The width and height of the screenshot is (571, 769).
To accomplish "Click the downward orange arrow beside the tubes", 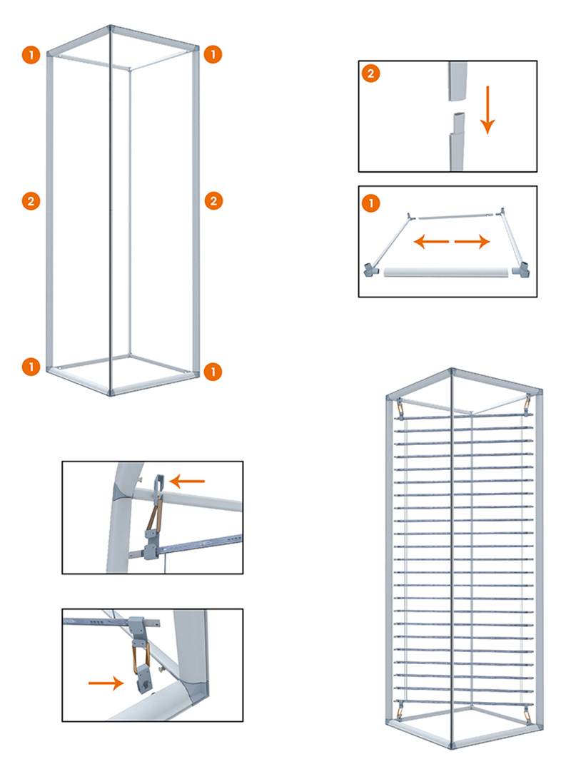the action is [x=487, y=110].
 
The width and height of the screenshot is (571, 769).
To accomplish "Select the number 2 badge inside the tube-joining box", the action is [x=371, y=73].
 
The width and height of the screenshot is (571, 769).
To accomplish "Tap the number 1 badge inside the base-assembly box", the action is [x=371, y=203].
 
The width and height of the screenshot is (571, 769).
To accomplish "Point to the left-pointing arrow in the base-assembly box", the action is [x=431, y=241].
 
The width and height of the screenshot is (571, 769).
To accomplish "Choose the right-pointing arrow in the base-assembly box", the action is [x=472, y=241].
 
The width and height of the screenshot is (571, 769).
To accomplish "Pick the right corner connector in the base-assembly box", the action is [x=521, y=270].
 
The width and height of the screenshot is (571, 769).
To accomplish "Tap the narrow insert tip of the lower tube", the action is [x=458, y=123].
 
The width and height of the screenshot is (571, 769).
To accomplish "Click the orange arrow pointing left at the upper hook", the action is [x=187, y=482].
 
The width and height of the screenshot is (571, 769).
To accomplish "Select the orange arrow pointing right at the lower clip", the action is [x=106, y=683].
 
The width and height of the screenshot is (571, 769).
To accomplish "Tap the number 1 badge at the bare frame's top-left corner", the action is [x=31, y=54].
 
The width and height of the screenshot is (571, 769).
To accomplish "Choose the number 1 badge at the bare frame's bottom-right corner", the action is [x=213, y=371].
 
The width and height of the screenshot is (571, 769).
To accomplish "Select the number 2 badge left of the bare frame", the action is [x=31, y=201].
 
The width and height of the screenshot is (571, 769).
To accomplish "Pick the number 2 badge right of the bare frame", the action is [x=213, y=200].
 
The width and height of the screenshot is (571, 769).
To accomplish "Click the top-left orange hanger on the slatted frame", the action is [x=399, y=409].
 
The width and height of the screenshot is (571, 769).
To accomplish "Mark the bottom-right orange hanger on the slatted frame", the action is [x=527, y=714].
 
